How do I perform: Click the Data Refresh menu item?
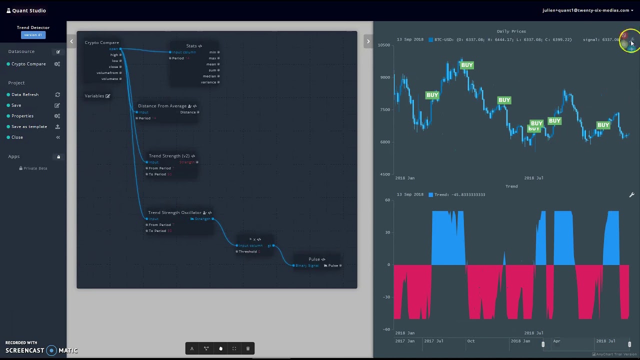tap(25, 94)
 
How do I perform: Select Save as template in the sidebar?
tap(29, 126)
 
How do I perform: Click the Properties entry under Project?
tap(22, 116)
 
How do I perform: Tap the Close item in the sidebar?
tap(17, 137)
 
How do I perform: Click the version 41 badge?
tap(33, 35)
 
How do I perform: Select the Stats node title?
tap(191, 46)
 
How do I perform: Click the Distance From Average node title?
tap(162, 106)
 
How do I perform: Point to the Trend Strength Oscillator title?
tap(174, 212)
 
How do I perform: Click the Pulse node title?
tap(314, 259)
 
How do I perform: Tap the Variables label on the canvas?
tap(94, 96)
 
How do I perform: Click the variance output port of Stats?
tap(218, 82)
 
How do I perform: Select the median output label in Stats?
tap(209, 76)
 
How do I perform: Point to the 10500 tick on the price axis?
tap(384, 45)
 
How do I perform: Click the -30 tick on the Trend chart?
tap(386, 297)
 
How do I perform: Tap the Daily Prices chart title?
tap(511, 31)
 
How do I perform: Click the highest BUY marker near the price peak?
tap(466, 65)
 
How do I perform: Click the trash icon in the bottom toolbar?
tap(248, 348)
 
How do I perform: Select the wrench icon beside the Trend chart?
tap(631, 195)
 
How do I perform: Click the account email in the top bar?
tap(585, 10)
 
